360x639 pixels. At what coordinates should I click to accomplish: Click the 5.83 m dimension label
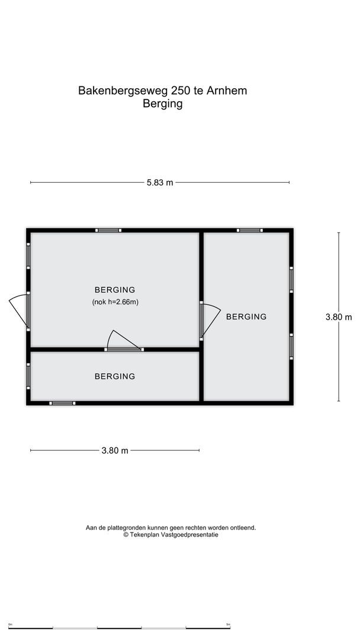(x=160, y=182)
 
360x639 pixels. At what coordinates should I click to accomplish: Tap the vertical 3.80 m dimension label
(x=339, y=317)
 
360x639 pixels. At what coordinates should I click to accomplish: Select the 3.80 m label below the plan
(x=115, y=450)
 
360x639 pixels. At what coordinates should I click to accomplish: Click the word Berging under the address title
(x=162, y=104)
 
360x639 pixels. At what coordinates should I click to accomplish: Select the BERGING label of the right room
(x=246, y=317)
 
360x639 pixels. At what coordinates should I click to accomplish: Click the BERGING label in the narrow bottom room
(x=115, y=376)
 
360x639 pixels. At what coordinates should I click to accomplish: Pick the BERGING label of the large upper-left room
(x=115, y=290)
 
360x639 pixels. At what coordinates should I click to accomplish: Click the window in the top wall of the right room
(x=250, y=230)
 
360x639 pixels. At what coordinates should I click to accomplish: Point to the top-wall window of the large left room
(x=109, y=230)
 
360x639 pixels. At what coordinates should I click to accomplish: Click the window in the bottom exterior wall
(x=62, y=403)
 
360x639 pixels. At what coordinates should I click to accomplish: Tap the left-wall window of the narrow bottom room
(x=28, y=375)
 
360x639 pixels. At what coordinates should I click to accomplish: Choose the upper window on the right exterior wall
(x=291, y=279)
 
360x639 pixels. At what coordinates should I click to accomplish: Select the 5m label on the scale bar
(x=228, y=624)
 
